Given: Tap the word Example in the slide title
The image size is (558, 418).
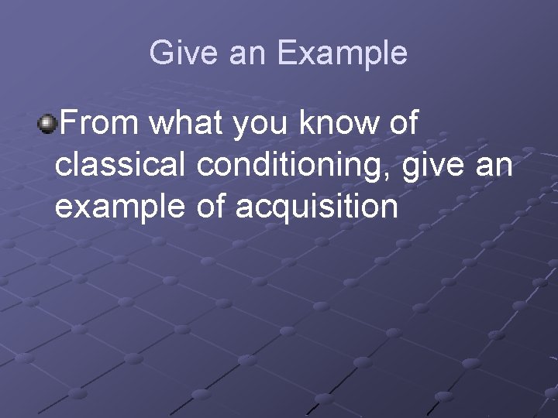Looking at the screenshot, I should click(342, 53).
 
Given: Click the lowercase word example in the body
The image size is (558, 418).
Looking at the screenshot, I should click(121, 207).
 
